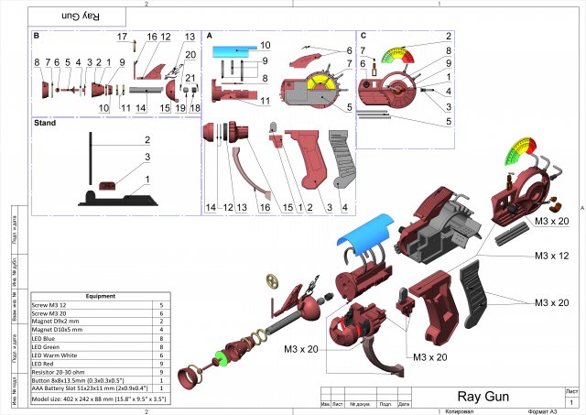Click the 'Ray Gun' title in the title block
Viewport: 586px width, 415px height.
tap(483, 397)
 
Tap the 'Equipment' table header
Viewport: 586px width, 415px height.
tap(101, 296)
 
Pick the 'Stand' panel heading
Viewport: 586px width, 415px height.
tap(45, 122)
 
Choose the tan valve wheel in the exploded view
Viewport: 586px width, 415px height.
tap(271, 280)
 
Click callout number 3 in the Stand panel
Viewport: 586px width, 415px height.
tap(146, 158)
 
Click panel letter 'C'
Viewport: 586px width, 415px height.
tap(364, 36)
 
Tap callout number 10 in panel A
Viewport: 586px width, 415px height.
tap(265, 44)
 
